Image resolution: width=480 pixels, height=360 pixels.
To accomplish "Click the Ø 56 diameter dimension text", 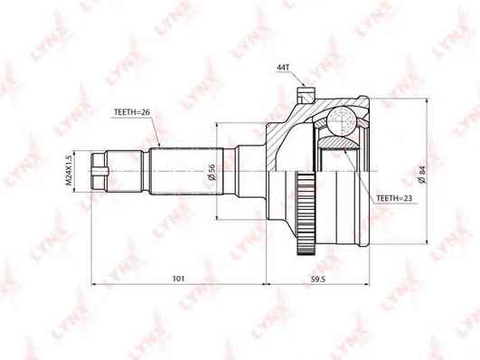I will pyautogui.click(x=211, y=172).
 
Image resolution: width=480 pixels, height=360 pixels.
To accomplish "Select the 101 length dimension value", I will pyautogui.click(x=178, y=279).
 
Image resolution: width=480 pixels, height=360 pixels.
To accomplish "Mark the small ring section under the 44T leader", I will pyautogui.click(x=305, y=90).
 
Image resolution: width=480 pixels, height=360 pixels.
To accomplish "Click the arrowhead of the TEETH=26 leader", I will pyautogui.click(x=158, y=146).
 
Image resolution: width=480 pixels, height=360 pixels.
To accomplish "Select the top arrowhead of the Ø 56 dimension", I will pyautogui.click(x=218, y=126).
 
